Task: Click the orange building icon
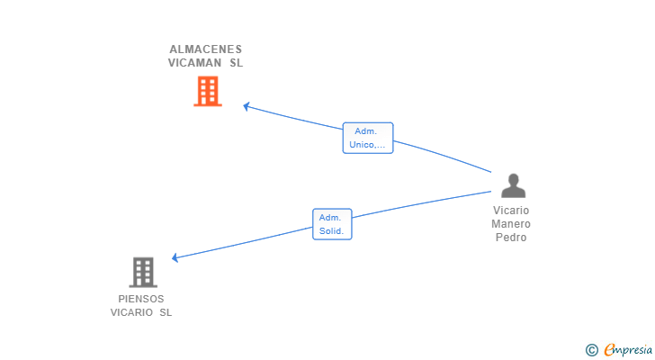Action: pos(208,91)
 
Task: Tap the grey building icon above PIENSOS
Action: pos(143,273)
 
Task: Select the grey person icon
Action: pos(514,185)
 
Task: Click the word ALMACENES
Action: pos(205,49)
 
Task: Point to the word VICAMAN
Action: pos(194,63)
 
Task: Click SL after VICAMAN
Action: pos(236,63)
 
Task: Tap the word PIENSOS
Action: pos(141,299)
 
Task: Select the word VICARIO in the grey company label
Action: pos(131,312)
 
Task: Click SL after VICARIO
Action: pos(166,312)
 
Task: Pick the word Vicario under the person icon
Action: pos(511,211)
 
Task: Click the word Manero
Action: pos(511,224)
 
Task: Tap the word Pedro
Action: pos(511,238)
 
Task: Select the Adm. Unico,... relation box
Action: pos(368,138)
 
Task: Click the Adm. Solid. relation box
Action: pos(332,224)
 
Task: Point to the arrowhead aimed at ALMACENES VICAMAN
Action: pos(247,106)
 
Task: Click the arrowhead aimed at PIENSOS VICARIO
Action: pos(175,257)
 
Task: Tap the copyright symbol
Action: pos(591,350)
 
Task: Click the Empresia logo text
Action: pos(628,349)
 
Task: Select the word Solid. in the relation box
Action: pos(331,231)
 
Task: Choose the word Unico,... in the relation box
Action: pos(367,145)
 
